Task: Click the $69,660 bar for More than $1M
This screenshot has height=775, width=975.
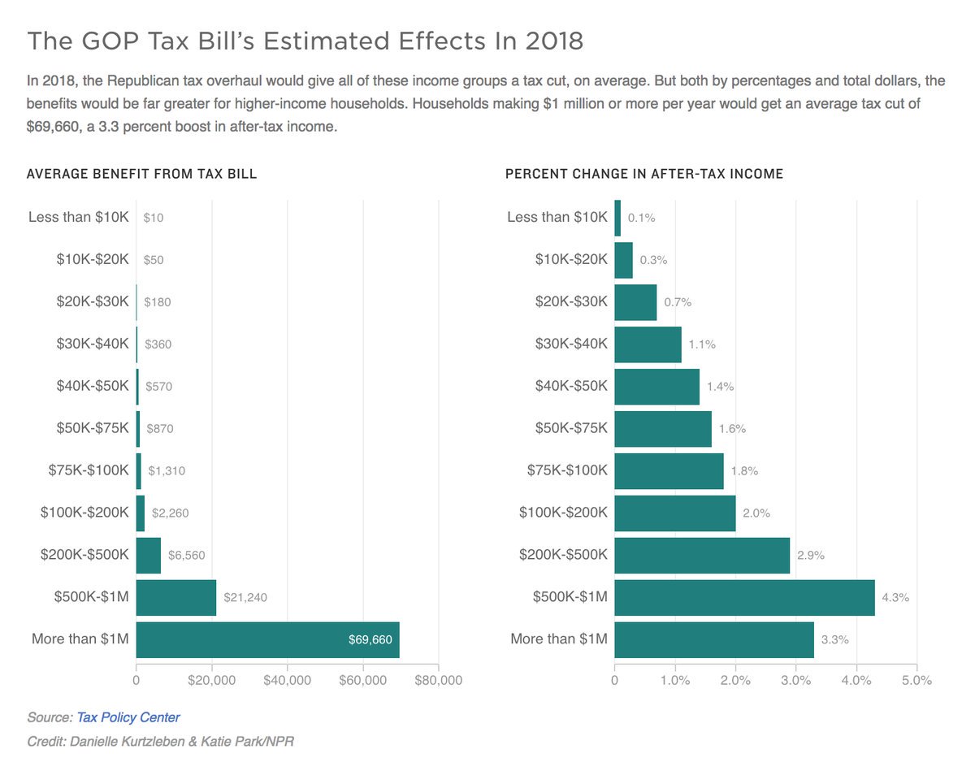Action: (267, 639)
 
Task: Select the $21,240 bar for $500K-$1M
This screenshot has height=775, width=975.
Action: (176, 597)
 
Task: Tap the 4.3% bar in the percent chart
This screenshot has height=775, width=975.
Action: (744, 597)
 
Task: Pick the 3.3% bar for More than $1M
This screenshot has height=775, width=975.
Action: (714, 639)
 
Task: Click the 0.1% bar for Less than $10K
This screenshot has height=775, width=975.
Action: (617, 217)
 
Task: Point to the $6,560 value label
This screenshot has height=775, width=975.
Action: (187, 556)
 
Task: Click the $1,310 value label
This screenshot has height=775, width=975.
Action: (168, 471)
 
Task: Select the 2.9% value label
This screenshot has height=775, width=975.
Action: (812, 556)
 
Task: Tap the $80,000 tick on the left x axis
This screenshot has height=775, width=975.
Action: (439, 680)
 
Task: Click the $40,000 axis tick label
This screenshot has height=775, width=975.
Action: (288, 680)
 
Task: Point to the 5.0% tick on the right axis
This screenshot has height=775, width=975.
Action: (916, 680)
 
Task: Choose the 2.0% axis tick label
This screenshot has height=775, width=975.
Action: (735, 680)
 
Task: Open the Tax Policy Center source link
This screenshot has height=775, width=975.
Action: (128, 717)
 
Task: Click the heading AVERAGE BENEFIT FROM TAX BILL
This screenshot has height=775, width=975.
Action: (142, 174)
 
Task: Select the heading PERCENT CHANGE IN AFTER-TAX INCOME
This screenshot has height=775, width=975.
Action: (644, 174)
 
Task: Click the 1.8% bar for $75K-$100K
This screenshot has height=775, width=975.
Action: (669, 471)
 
